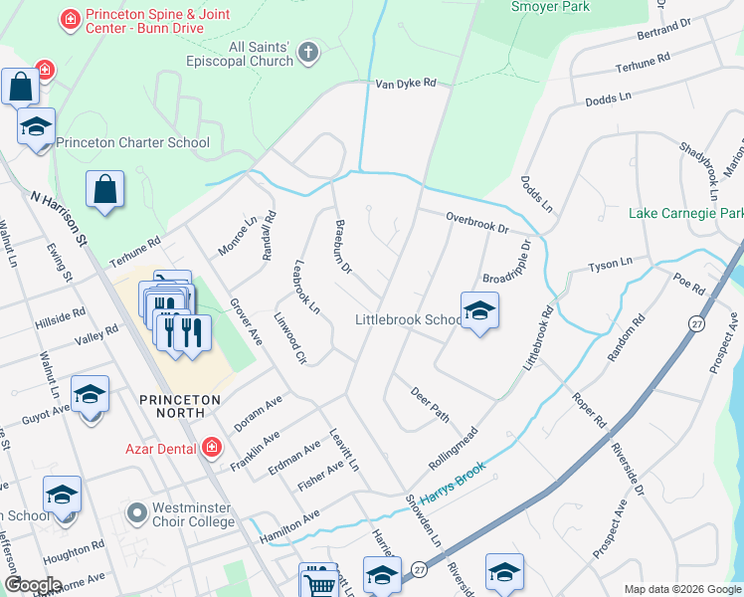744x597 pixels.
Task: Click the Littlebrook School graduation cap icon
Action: coord(479,311)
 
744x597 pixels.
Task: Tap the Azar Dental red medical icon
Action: coord(210,449)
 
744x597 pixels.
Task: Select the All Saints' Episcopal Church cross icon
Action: coord(309,53)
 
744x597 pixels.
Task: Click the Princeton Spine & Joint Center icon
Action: coord(70,18)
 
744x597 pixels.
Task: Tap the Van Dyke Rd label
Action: coord(406,85)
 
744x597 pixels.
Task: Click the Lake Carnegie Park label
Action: coord(686,213)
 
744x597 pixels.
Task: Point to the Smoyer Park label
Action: coord(550,7)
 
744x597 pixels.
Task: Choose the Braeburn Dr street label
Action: coord(343,247)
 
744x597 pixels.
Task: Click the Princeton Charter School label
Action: coord(132,142)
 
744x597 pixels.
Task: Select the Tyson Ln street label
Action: coord(610,265)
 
